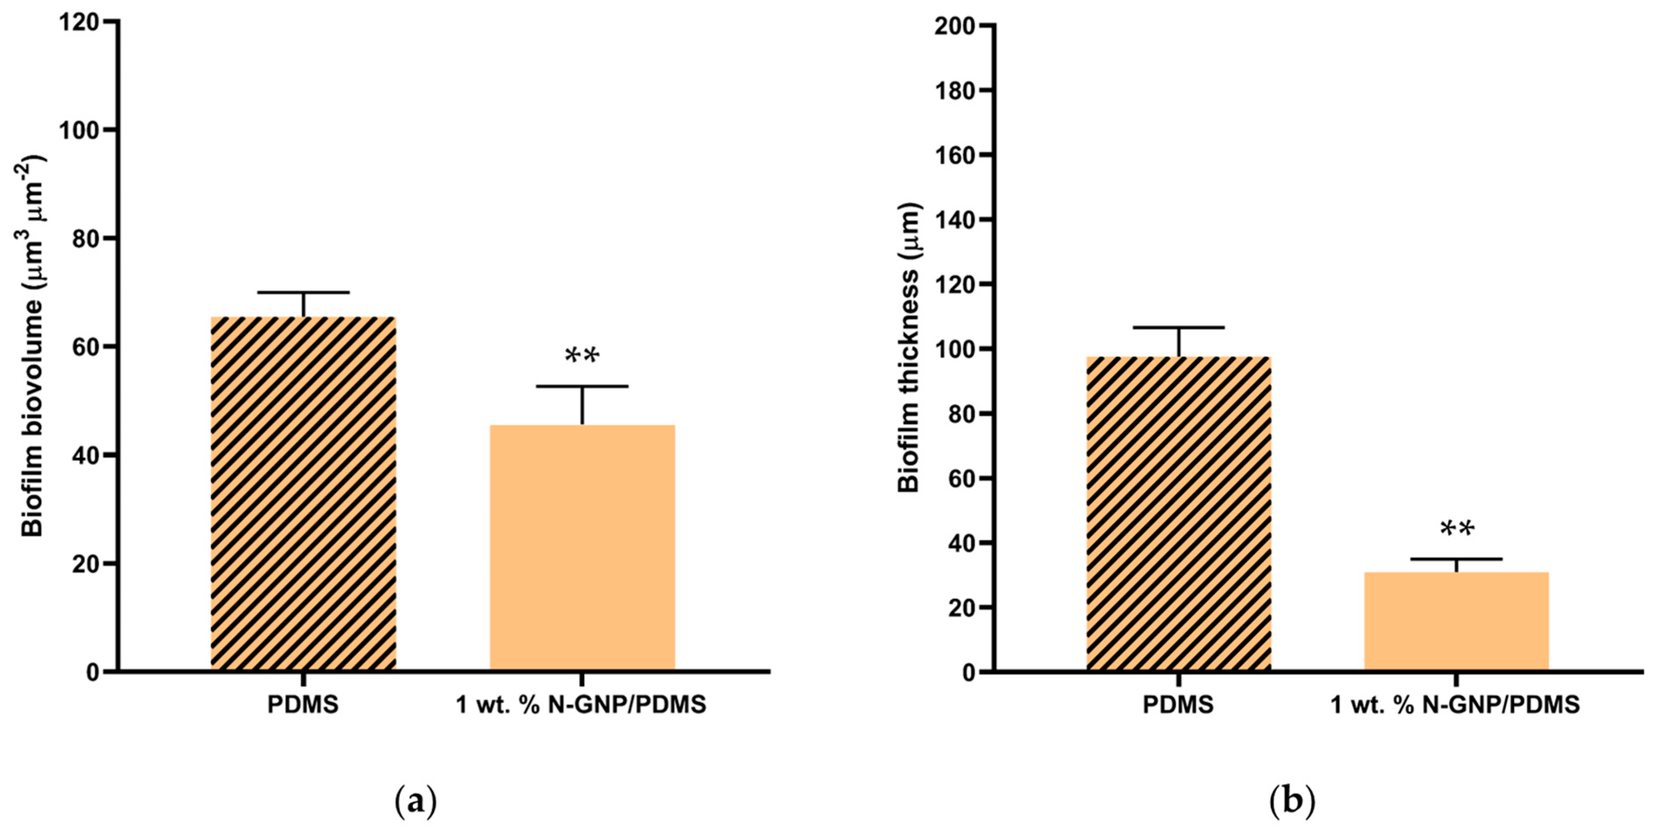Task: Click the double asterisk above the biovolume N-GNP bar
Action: pyautogui.click(x=582, y=356)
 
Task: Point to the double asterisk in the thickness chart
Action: pyautogui.click(x=1457, y=530)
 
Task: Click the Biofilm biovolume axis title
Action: pyautogui.click(x=33, y=347)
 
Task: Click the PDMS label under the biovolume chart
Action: pyautogui.click(x=303, y=705)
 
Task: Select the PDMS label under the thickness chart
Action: pyautogui.click(x=1178, y=705)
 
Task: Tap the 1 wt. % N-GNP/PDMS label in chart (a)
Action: pyautogui.click(x=581, y=705)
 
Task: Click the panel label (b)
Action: pyautogui.click(x=1292, y=802)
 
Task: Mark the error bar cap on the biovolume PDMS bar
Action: pyautogui.click(x=303, y=292)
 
